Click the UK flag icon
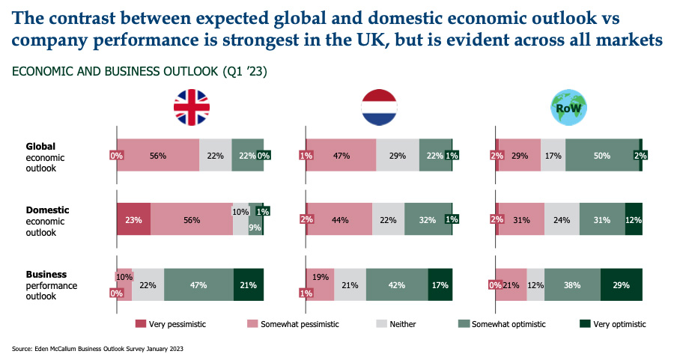pos(192,107)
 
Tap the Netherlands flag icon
pos(380,107)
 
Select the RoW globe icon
pos(569,107)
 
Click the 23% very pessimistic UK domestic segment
pos(133,220)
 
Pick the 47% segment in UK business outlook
pos(198,284)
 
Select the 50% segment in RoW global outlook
pos(601,156)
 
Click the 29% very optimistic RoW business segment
pos(621,284)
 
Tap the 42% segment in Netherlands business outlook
pos(396,284)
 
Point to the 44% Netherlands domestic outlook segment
pos(340,220)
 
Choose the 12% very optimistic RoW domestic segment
pos(634,220)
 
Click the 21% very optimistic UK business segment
pos(249,284)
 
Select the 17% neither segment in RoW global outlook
pos(553,156)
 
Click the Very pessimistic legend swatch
pos(141,324)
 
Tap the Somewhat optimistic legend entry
pos(503,324)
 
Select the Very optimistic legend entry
pos(613,324)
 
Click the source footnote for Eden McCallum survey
pos(97,349)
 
